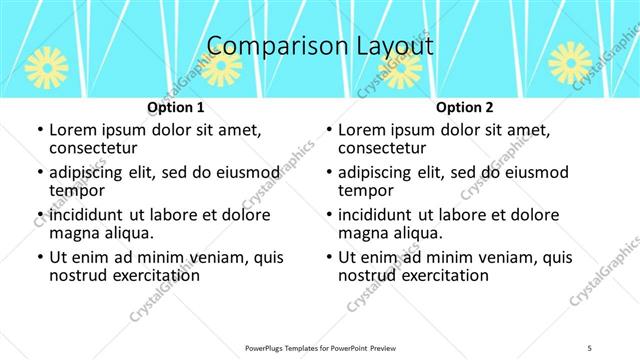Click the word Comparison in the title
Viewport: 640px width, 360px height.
(266, 47)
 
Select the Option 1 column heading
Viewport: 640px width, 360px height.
(175, 107)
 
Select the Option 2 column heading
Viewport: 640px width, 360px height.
(465, 107)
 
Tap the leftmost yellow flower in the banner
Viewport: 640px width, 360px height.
(46, 65)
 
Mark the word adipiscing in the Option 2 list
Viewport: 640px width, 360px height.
(386, 172)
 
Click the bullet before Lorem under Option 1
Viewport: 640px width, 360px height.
(38, 131)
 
